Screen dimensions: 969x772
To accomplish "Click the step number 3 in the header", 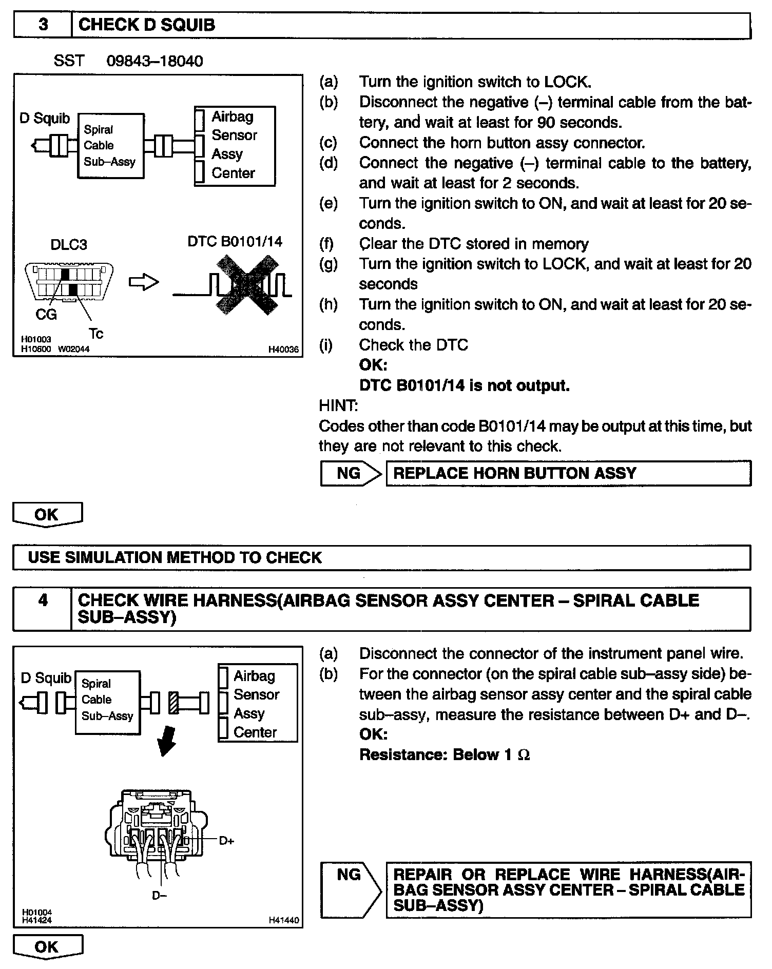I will pos(43,25).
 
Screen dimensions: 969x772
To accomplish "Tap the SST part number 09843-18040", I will pos(155,61).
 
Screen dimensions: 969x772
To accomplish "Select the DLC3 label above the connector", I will pos(69,244).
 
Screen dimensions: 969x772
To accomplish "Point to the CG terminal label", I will pos(46,314).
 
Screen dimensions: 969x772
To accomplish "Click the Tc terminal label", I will pos(96,334).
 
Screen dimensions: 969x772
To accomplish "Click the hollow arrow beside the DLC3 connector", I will pos(144,282).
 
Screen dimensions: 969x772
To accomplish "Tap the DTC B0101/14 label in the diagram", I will pos(235,241).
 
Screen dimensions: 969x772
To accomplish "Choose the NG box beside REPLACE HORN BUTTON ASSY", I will pos(349,473).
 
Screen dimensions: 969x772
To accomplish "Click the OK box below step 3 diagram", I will pos(47,514).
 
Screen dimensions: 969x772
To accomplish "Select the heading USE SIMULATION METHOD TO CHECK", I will pos(175,557).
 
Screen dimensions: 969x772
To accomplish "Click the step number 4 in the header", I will pos(43,600).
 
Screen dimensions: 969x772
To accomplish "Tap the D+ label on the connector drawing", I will pos(226,841).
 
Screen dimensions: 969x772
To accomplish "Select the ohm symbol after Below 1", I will pos(524,755).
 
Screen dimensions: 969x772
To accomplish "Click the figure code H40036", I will pos(283,350).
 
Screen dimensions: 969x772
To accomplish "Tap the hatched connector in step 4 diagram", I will pos(173,703).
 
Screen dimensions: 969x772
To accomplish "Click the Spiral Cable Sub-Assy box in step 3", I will pos(110,146).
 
